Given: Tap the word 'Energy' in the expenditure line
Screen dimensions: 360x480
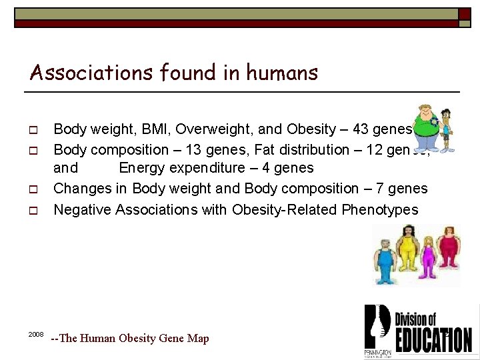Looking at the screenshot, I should click(143, 168).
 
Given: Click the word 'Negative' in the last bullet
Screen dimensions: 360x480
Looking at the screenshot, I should click(82, 210).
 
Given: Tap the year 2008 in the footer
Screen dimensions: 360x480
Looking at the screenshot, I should click(36, 333).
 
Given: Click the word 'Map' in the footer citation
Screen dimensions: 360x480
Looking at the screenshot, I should click(198, 338).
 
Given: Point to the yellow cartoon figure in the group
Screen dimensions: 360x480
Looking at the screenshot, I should click(406, 253).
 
